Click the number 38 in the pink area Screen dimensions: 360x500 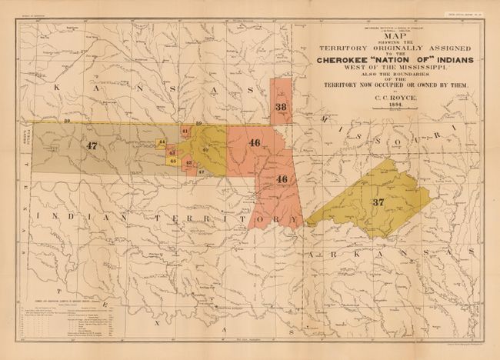[x=281, y=107]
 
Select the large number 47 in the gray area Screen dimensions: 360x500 [x=93, y=145]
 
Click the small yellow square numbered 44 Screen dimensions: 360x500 [x=162, y=143]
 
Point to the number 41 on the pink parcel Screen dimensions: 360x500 [x=185, y=132]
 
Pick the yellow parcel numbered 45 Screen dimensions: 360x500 [x=172, y=161]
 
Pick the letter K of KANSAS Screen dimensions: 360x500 [x=55, y=89]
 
